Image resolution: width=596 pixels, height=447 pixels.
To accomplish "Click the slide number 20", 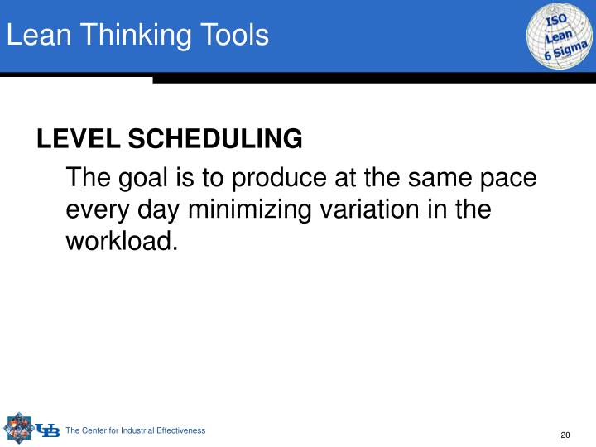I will (566, 436).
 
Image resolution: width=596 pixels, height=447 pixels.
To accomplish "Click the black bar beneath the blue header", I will (372, 78).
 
